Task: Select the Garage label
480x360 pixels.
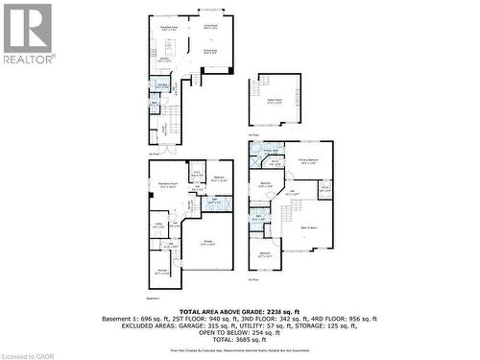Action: click(x=207, y=243)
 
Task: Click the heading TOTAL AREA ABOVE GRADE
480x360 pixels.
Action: click(x=239, y=312)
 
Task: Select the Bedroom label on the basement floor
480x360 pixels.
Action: click(x=219, y=179)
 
